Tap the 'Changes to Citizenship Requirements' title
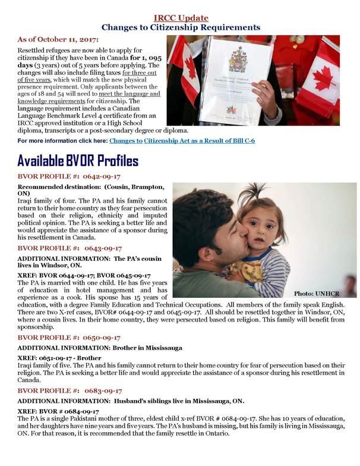[181, 27]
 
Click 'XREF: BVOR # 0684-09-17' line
[58, 411]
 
